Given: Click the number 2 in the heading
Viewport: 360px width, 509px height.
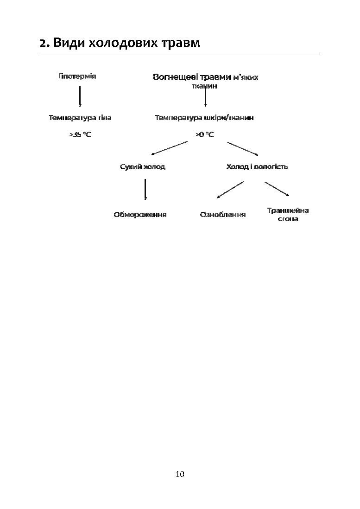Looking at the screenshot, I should point(43,43).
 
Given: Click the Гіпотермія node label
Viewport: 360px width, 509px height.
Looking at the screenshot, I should point(77,76).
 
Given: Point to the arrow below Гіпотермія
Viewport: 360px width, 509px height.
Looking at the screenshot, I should point(80,96).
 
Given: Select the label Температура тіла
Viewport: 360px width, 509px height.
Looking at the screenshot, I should point(80,118).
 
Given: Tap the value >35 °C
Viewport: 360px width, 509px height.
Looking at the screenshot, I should point(80,135).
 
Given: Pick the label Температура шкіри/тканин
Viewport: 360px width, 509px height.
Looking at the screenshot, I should point(204,118).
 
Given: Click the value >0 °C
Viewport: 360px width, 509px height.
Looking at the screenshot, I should point(204,135).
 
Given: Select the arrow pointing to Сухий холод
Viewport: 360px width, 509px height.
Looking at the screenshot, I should point(169,148).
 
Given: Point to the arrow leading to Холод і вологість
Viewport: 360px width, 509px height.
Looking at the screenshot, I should point(242,148).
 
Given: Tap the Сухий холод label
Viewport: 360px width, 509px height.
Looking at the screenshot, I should point(143,167).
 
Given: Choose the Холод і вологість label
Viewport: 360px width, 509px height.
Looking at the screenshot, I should point(257,167).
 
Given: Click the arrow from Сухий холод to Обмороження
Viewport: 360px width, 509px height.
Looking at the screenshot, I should point(145,189).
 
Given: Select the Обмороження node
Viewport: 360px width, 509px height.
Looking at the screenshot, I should point(140,215).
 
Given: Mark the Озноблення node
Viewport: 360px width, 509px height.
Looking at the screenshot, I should point(223,215).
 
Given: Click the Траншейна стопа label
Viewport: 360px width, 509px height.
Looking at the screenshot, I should point(288,215).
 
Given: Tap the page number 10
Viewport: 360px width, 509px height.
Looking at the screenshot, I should point(180,474).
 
